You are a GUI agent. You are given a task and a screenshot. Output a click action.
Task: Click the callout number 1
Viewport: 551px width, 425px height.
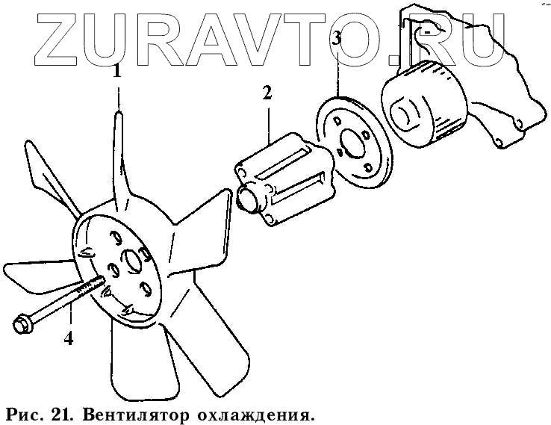pyautogui.click(x=116, y=72)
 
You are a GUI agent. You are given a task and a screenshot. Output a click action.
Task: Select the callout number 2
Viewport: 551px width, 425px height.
pyautogui.click(x=267, y=93)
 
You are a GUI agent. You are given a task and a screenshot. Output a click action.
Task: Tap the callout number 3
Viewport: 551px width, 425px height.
pyautogui.click(x=337, y=39)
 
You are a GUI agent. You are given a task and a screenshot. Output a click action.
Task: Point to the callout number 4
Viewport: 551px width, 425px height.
pyautogui.click(x=69, y=338)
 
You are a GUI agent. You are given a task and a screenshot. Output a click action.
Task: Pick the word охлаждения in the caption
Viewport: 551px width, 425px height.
pyautogui.click(x=261, y=413)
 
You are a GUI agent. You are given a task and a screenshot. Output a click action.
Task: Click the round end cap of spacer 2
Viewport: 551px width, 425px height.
pyautogui.click(x=248, y=199)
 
